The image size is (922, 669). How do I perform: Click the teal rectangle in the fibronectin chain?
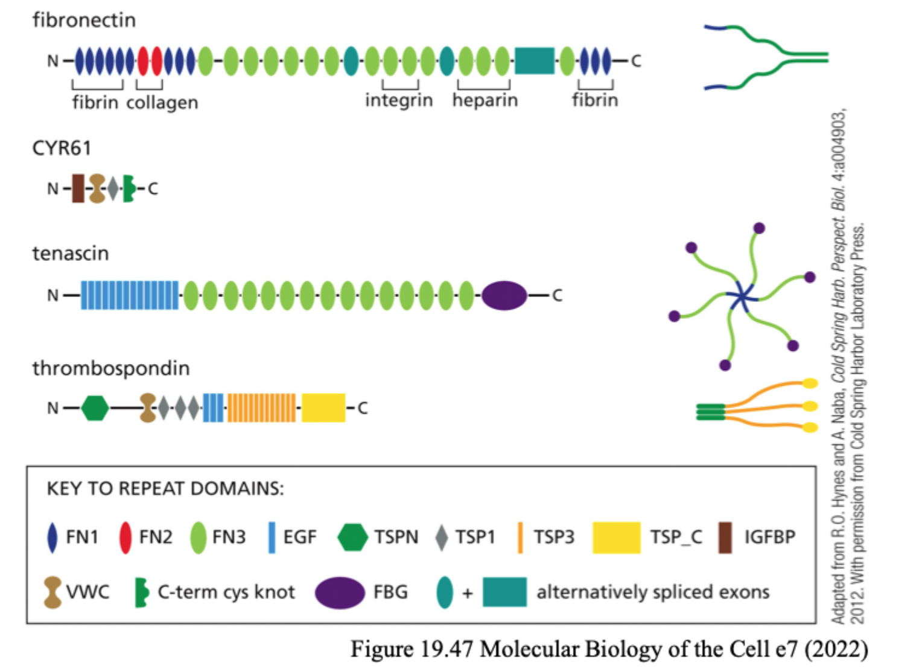pyautogui.click(x=535, y=61)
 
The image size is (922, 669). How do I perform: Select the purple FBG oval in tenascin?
pyautogui.click(x=504, y=295)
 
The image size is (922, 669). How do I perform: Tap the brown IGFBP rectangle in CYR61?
pyautogui.click(x=78, y=188)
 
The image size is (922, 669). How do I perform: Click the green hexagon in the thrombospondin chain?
pyautogui.click(x=95, y=408)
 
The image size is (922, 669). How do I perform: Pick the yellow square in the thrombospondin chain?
pyautogui.click(x=323, y=408)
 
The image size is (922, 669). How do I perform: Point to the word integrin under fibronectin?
pyautogui.click(x=399, y=100)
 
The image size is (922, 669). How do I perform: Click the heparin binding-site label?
pyautogui.click(x=485, y=100)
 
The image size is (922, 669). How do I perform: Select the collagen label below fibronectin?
pyautogui.click(x=162, y=103)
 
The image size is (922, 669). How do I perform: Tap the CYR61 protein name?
pyautogui.click(x=62, y=148)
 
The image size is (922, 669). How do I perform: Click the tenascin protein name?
pyautogui.click(x=71, y=253)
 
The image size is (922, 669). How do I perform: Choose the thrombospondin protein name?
pyautogui.click(x=111, y=368)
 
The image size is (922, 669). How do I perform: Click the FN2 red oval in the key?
pyautogui.click(x=126, y=537)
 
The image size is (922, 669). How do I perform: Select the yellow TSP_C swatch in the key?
pyautogui.click(x=616, y=537)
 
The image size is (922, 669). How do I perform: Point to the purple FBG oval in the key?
pyautogui.click(x=340, y=592)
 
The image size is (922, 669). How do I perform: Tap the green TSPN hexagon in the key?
pyautogui.click(x=352, y=537)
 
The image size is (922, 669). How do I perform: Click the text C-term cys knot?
pyautogui.click(x=226, y=592)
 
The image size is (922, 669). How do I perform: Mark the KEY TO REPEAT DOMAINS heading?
pyautogui.click(x=165, y=488)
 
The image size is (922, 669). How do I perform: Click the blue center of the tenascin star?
pyautogui.click(x=742, y=296)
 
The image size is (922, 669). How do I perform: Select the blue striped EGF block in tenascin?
pyautogui.click(x=130, y=295)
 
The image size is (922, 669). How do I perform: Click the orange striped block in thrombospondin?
pyautogui.click(x=262, y=408)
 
